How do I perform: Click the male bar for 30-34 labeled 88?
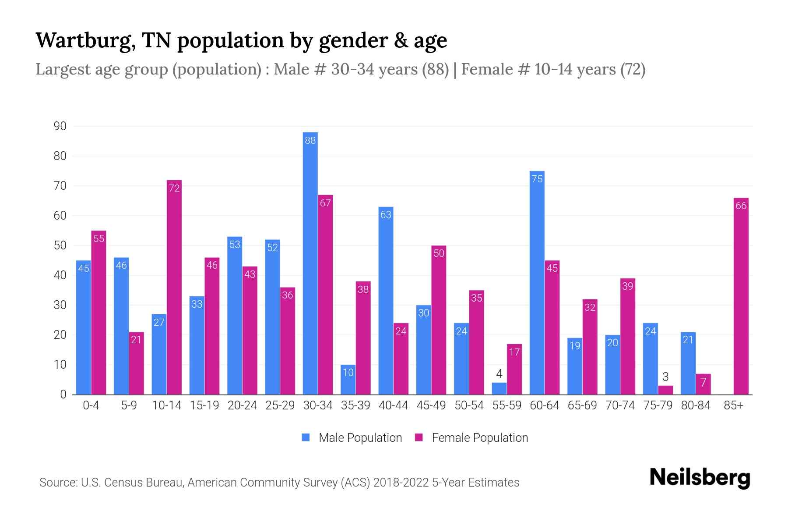pos(310,263)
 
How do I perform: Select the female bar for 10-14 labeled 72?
pos(174,287)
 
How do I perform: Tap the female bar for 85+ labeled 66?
pos(741,296)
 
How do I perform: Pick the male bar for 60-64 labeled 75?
pos(537,283)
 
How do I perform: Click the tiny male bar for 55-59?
pos(500,389)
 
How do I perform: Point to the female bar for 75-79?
pos(665,390)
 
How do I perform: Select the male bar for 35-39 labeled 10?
pos(348,380)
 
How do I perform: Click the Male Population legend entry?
pos(352,438)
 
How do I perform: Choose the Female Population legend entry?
pos(472,438)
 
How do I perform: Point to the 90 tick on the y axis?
pos(60,126)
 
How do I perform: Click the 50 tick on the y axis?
pos(60,245)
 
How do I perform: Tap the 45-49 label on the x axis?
pos(431,405)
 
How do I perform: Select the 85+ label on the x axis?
pos(733,405)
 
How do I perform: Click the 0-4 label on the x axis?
pos(91,405)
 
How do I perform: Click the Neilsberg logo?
pos(700,478)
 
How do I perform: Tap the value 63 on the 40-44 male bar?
pos(386,215)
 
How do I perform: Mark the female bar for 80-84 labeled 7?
pos(703,384)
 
